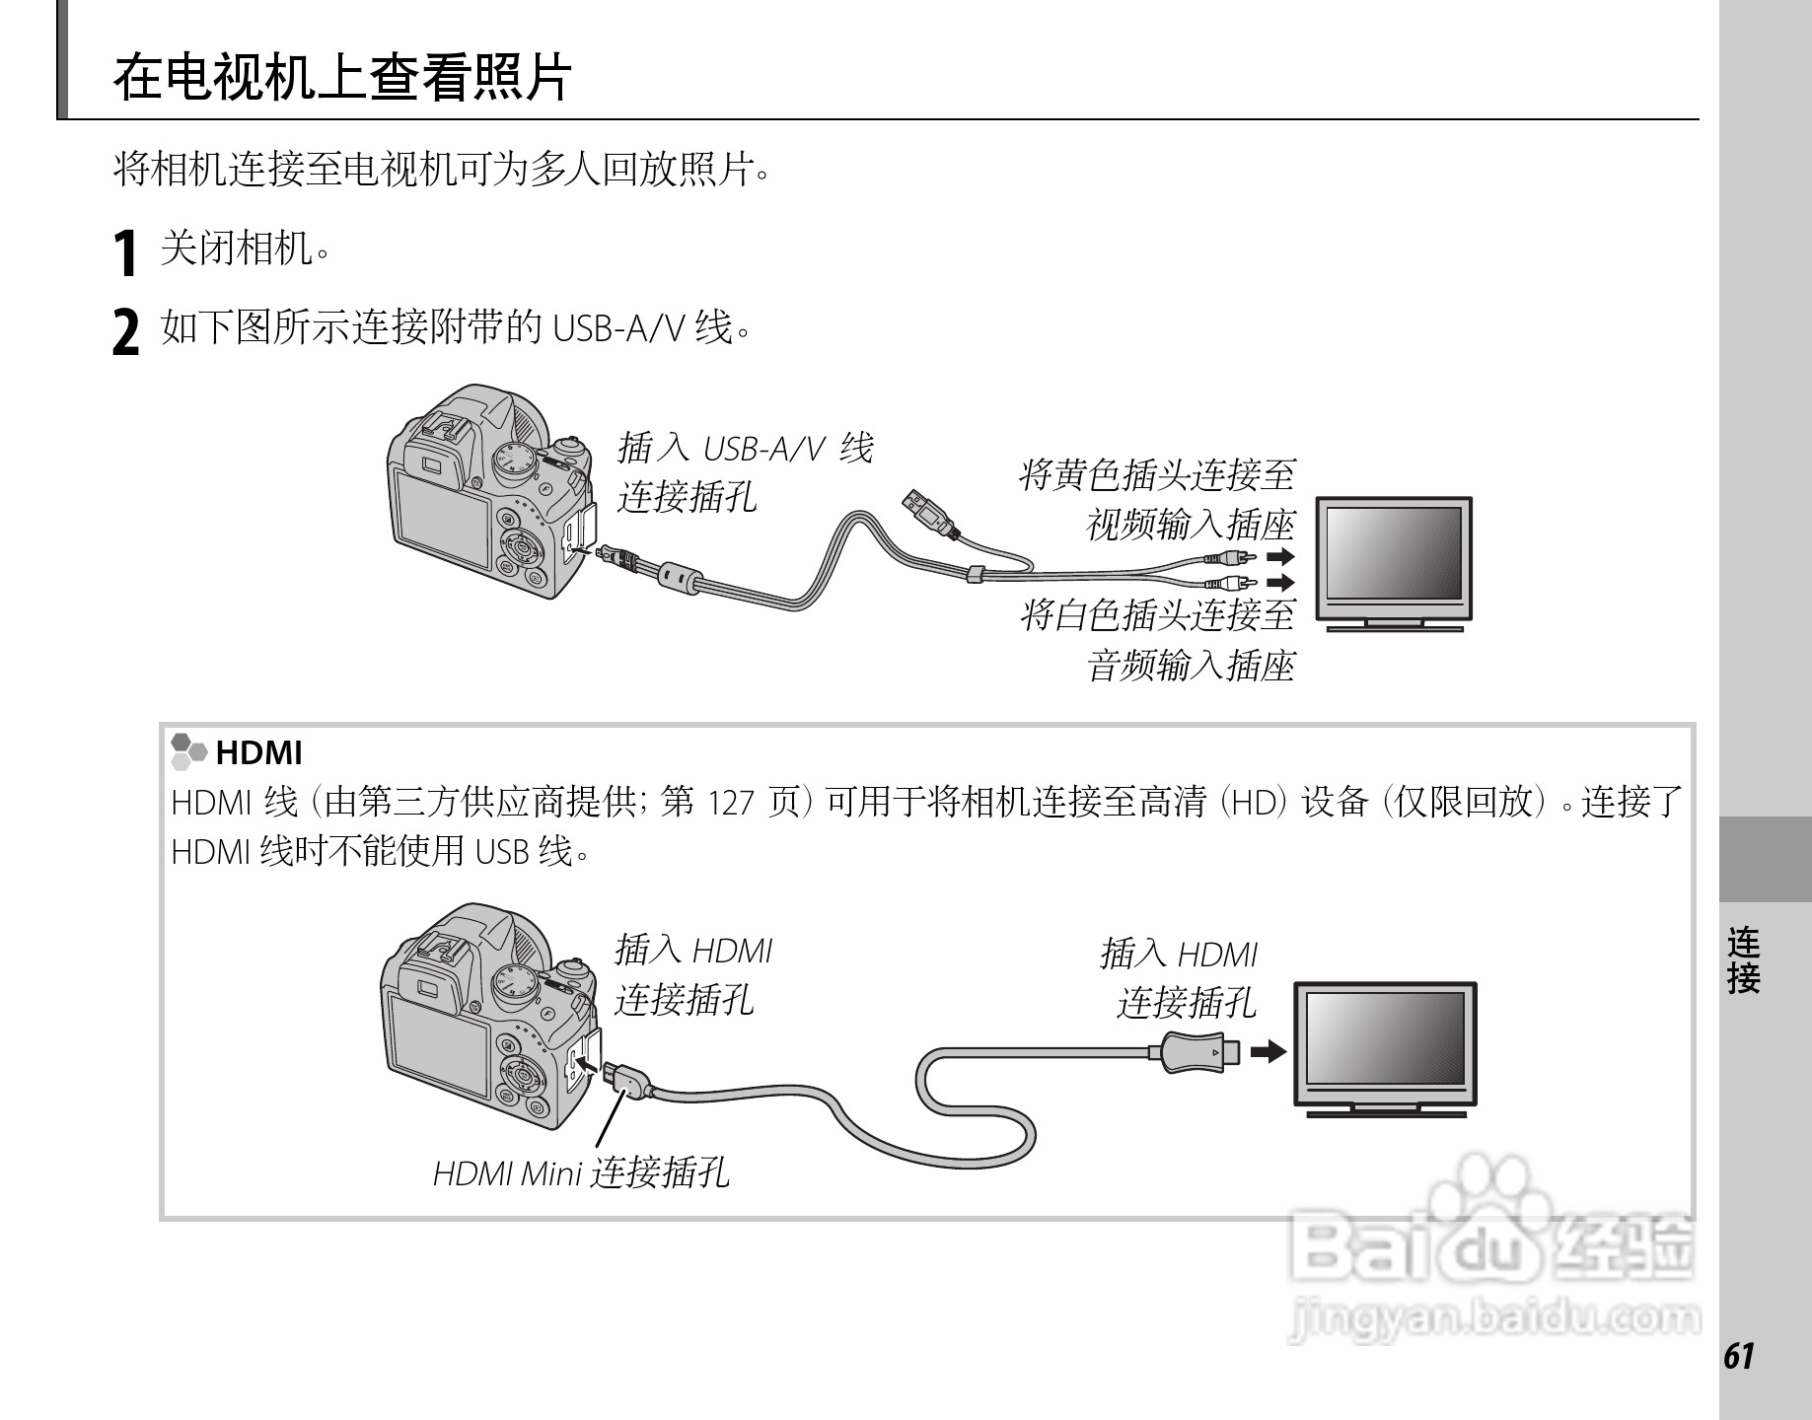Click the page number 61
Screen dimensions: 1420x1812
1739,1357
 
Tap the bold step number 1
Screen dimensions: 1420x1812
124,252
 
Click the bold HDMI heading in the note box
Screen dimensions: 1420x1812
258,753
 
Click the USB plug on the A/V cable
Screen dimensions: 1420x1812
926,511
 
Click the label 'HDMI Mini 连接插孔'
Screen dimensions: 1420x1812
581,1172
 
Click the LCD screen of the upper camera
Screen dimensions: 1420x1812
442,519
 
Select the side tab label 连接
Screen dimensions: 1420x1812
1743,959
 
